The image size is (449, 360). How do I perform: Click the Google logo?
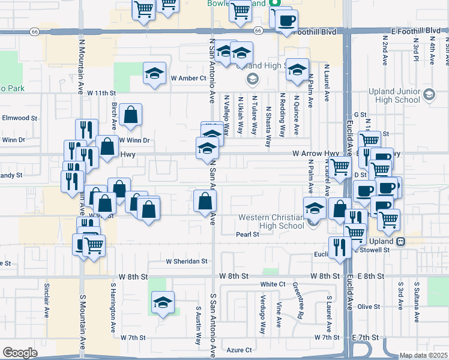tap(20, 353)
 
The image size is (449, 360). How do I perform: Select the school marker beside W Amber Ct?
tap(155, 74)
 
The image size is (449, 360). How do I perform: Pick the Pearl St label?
tap(247, 235)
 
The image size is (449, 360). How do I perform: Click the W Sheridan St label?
tap(187, 262)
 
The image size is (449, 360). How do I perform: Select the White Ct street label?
tap(273, 284)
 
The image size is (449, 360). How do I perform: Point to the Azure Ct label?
tap(239, 350)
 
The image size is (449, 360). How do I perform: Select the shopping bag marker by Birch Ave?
tap(130, 115)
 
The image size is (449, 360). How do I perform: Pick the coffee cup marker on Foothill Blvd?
tap(286, 21)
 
